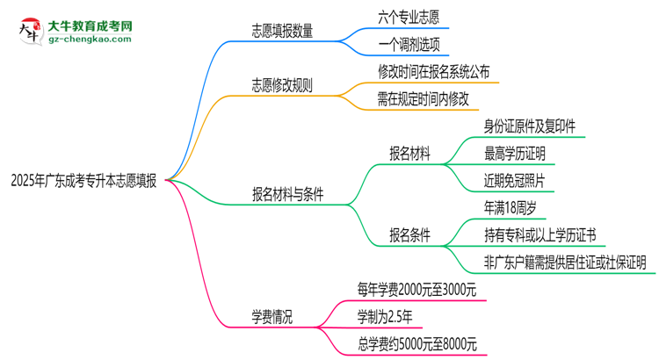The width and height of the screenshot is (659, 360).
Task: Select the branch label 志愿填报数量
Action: (281, 30)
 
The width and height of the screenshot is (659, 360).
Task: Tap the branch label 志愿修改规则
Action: (281, 87)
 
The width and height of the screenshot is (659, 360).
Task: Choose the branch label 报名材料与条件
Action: (287, 195)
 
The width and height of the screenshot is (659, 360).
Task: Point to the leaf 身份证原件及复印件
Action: (529, 126)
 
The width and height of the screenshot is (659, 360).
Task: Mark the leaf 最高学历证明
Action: (515, 154)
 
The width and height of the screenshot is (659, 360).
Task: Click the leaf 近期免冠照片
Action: (515, 181)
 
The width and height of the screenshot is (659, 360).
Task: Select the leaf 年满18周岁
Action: (511, 208)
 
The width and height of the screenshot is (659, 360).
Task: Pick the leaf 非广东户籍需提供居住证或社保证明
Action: (565, 262)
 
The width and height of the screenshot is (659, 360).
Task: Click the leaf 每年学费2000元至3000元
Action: (416, 289)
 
